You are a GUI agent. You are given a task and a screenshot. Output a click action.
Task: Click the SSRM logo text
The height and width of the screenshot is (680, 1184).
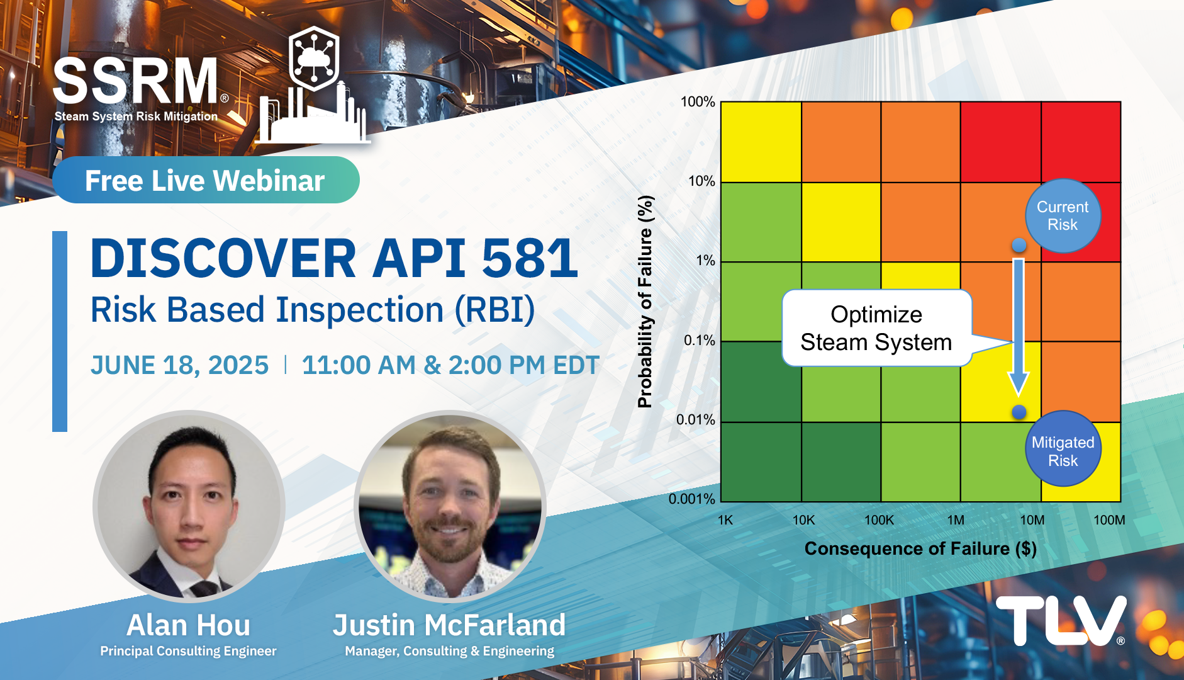tap(136, 81)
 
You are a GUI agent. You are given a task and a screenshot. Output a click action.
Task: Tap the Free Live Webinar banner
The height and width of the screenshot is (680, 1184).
tap(206, 180)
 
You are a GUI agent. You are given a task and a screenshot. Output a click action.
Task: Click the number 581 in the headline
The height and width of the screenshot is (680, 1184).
tap(530, 258)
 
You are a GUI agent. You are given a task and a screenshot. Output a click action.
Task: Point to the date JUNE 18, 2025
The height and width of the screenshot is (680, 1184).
tap(180, 365)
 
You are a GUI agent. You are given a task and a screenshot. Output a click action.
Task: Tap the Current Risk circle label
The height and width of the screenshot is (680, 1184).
tap(1063, 216)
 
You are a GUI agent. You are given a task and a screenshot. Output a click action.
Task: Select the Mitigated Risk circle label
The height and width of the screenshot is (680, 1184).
tap(1063, 449)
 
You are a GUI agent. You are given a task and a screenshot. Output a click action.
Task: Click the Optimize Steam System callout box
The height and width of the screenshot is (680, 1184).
tap(876, 328)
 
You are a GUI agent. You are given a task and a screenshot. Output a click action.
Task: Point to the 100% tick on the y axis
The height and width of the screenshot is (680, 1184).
tap(698, 102)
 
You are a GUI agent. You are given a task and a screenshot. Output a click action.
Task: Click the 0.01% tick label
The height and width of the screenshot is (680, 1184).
tap(696, 420)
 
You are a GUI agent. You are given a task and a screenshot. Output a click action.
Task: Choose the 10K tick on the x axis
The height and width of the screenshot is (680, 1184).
tap(803, 520)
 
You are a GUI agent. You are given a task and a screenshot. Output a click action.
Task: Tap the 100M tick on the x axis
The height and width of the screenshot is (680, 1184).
tap(1109, 520)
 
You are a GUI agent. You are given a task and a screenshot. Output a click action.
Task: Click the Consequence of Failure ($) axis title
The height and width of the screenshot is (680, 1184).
tap(920, 549)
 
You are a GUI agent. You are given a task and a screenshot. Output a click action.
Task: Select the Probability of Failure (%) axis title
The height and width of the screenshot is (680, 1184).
tap(645, 302)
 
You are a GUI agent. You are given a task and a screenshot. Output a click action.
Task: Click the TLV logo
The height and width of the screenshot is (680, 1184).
tap(1061, 621)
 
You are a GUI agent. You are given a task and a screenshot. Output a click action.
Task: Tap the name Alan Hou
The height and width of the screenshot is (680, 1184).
tap(189, 625)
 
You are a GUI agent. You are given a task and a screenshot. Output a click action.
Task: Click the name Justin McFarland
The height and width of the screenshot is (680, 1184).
tap(449, 625)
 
